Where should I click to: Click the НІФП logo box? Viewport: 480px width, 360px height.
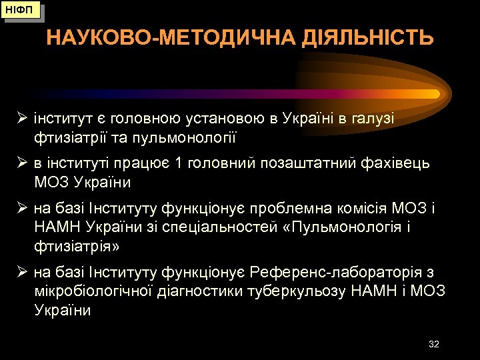pos(22,11)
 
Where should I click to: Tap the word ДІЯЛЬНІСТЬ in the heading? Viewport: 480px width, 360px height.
pos(361,38)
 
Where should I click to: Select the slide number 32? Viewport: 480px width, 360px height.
pos(434,344)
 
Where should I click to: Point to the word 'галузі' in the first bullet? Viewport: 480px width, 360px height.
pos(372,119)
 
